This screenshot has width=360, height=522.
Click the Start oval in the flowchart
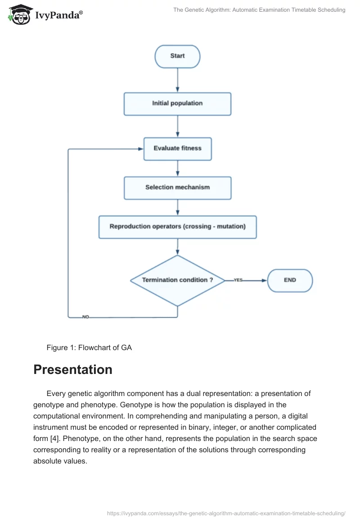[177, 56]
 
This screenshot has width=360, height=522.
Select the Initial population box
[177, 103]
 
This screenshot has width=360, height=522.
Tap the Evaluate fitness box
[177, 148]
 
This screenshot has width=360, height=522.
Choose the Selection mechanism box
[177, 188]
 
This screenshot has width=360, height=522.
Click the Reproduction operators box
[177, 227]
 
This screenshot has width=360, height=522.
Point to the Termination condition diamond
[177, 280]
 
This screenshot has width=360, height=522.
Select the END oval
[290, 280]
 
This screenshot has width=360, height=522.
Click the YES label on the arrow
[238, 280]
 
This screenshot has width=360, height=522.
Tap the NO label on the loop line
[85, 317]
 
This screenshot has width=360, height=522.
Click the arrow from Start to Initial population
[178, 80]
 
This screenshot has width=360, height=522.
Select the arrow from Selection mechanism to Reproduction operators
[178, 207]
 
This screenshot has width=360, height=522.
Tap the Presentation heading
[73, 369]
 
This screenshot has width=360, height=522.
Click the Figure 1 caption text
[89, 347]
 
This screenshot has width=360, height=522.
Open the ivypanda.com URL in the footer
[226, 513]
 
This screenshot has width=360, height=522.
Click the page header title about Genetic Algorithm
[259, 10]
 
